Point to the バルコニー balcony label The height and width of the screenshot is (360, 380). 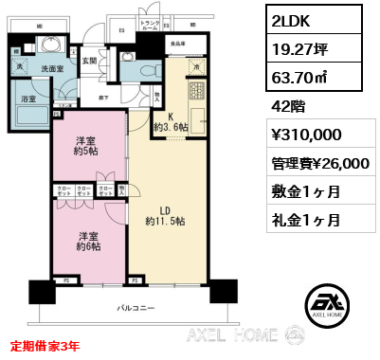click(136, 308)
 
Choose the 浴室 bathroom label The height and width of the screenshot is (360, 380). click(28, 99)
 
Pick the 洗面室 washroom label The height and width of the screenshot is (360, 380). click(52, 67)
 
